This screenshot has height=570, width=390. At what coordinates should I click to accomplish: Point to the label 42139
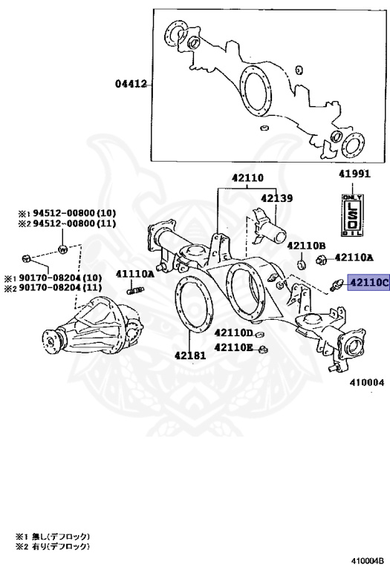[x=276, y=199]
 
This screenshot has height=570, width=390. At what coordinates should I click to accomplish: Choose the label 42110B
[x=306, y=246]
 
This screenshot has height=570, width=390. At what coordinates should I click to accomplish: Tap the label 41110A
[x=134, y=274]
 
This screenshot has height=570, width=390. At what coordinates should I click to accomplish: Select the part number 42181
[x=190, y=355]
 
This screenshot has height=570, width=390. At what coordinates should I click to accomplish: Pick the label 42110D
[x=234, y=333]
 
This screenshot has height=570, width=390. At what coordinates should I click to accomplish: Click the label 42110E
[x=234, y=347]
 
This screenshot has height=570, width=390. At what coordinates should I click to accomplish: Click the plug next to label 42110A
[x=322, y=259]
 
